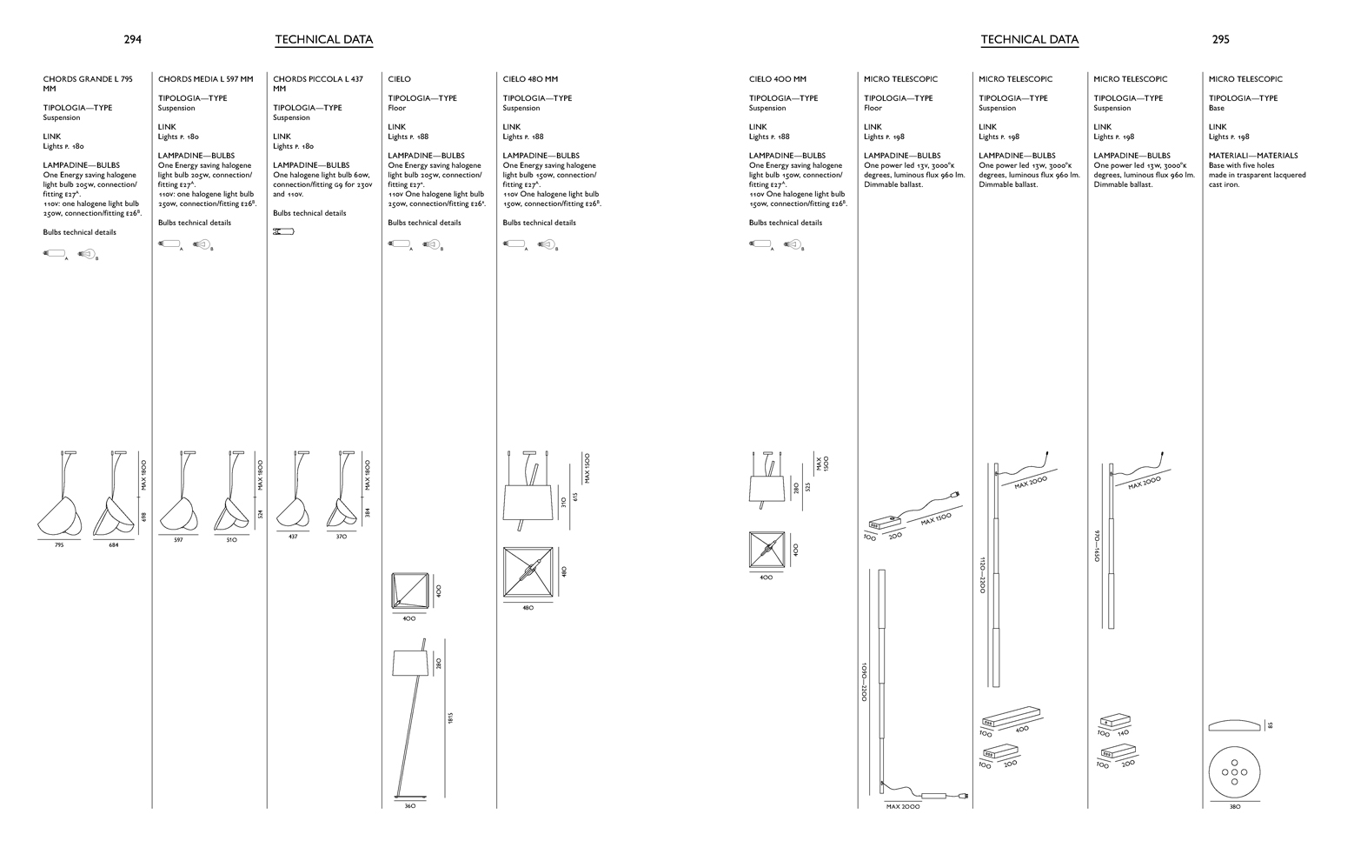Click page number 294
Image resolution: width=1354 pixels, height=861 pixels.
132,39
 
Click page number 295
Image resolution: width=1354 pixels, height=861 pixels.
1220,39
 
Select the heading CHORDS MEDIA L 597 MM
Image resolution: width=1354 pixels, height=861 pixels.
205,79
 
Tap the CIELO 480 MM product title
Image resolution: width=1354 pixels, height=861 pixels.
530,79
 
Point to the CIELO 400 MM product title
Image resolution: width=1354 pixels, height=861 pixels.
777,79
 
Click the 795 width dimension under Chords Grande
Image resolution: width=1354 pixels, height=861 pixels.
59,545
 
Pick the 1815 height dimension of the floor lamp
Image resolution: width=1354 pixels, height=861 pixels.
450,717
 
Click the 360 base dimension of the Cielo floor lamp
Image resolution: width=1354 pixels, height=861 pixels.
410,806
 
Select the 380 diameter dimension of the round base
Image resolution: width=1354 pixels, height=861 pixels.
1235,807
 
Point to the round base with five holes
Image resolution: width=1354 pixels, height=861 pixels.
1235,771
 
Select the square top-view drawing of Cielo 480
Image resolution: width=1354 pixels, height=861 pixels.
528,572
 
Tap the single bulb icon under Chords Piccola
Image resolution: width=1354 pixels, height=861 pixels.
283,231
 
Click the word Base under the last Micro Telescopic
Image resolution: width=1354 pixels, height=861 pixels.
1216,108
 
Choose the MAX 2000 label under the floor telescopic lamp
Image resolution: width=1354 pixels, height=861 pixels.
903,807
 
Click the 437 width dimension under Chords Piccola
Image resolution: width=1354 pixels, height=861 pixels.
293,537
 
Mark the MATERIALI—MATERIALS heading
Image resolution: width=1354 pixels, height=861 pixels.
1252,156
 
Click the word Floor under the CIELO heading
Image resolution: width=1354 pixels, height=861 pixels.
396,108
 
